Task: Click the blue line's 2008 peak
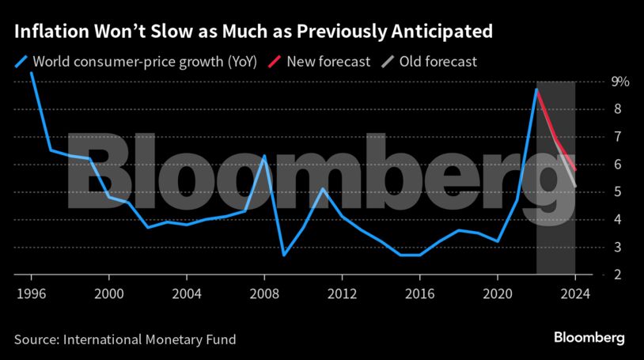click(263, 156)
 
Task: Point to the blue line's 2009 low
click(283, 255)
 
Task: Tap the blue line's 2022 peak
click(536, 89)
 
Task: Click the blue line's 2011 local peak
click(322, 188)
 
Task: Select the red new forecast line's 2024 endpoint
click(575, 169)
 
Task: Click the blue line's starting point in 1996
click(31, 73)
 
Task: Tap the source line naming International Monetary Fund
click(124, 339)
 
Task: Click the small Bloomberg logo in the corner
click(589, 338)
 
